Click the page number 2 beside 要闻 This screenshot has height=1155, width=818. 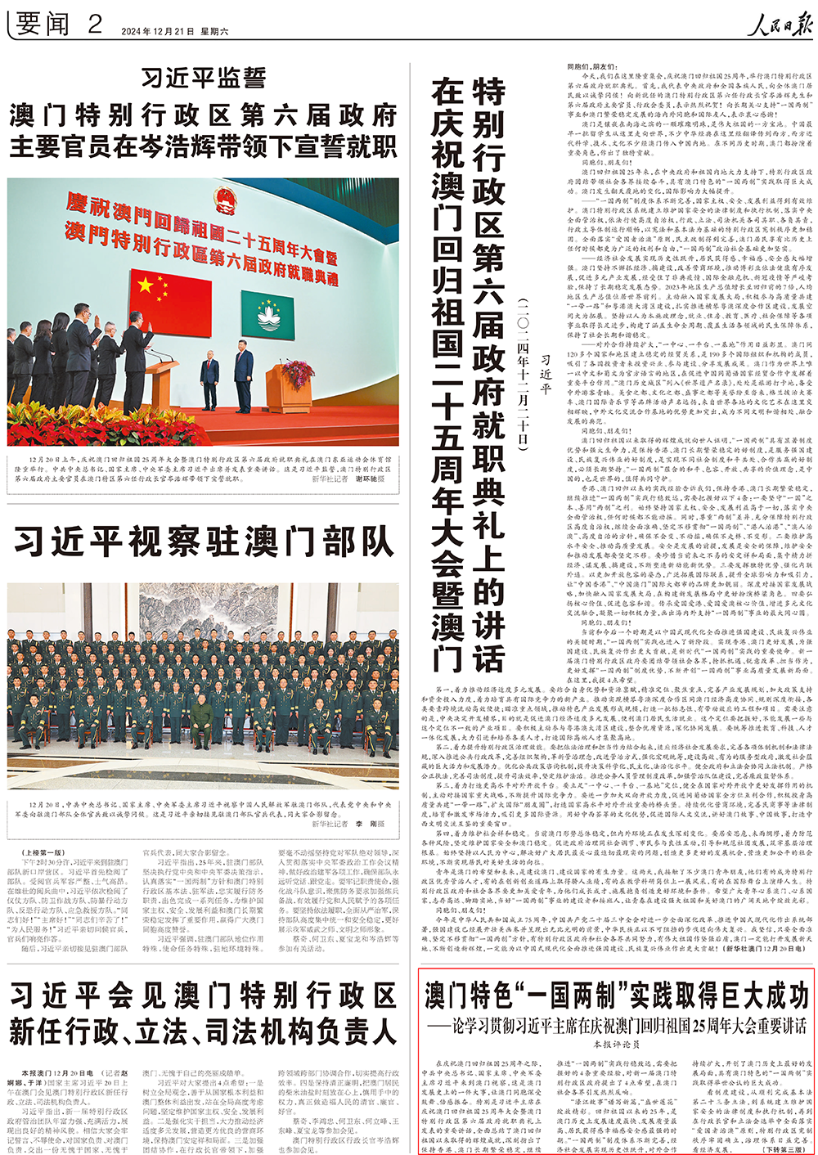coord(95,24)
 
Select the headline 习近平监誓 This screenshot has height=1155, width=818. coord(204,78)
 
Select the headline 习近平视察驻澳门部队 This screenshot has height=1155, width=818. coord(203,542)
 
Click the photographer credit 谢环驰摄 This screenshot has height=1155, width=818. coord(370,479)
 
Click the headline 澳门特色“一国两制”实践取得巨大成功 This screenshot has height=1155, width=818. coord(617,995)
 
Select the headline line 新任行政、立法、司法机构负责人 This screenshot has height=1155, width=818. coord(203,1032)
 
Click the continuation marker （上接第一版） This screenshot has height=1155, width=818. coord(40,852)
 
